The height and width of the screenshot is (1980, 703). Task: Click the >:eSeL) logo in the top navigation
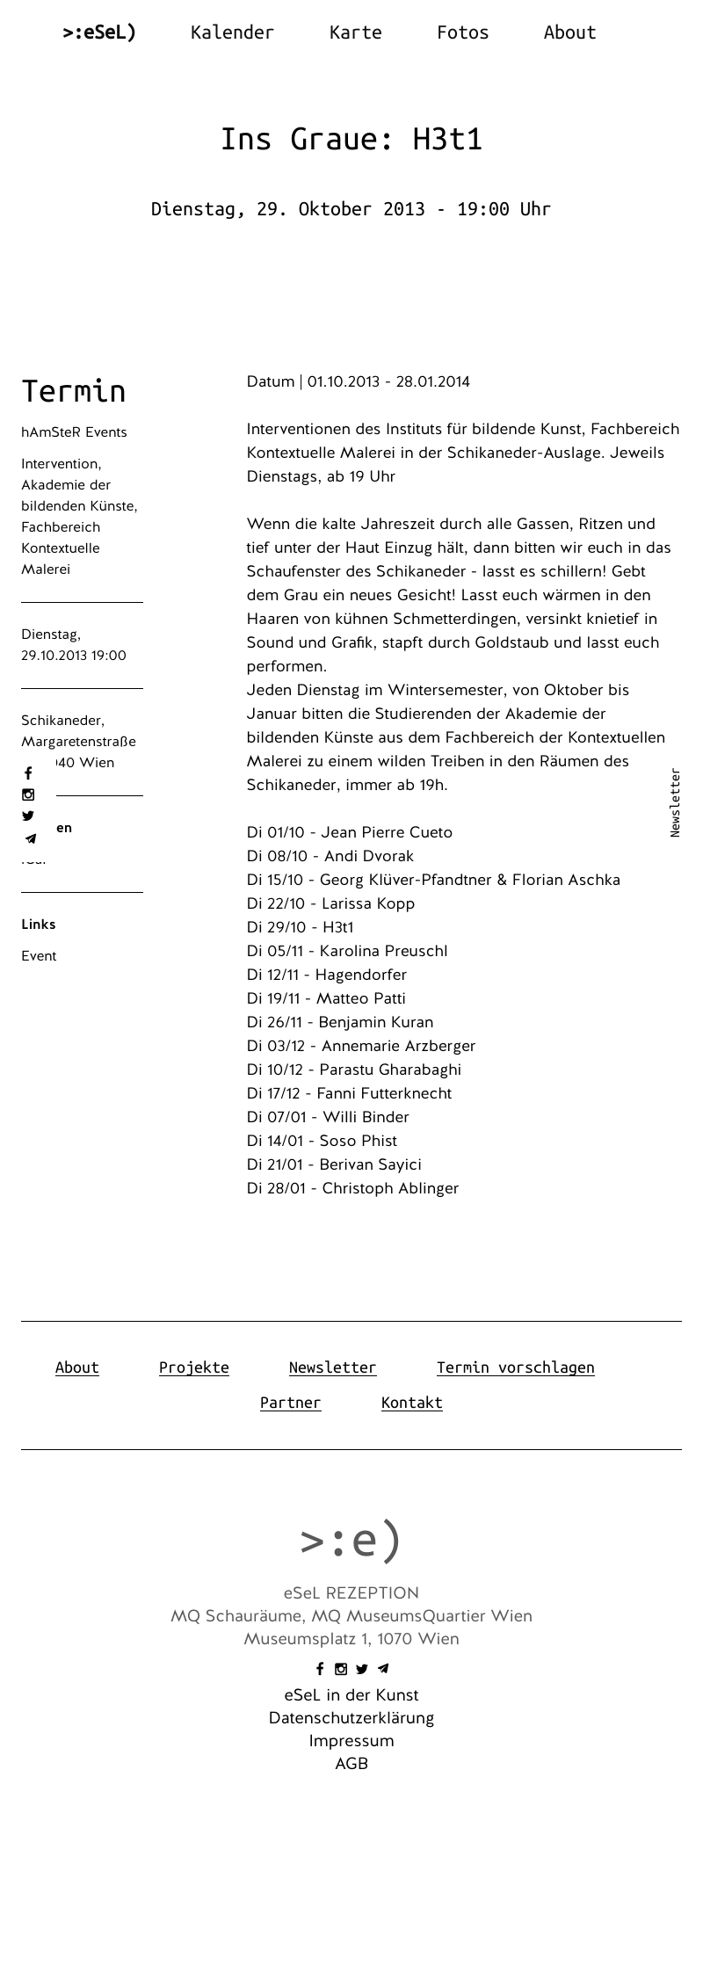(x=99, y=33)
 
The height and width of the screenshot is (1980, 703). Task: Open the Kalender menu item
(x=232, y=33)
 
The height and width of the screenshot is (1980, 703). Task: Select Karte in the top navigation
(x=355, y=33)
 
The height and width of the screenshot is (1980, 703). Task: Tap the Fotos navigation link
(x=462, y=33)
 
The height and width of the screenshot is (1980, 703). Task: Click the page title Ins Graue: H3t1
(x=351, y=139)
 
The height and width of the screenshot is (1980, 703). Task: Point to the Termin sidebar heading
(x=74, y=391)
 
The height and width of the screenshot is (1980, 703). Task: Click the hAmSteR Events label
(x=74, y=432)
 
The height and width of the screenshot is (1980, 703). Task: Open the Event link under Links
(x=39, y=956)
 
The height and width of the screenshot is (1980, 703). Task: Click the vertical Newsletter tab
(x=675, y=803)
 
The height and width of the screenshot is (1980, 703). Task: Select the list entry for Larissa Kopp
(x=330, y=903)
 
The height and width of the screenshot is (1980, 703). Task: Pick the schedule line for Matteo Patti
(x=326, y=998)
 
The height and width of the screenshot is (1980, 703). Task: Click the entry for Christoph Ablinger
(x=352, y=1188)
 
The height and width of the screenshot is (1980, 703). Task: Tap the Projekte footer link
(x=193, y=1367)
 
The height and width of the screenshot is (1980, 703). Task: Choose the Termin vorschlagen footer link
(x=515, y=1367)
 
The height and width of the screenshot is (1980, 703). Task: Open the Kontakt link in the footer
(x=411, y=1403)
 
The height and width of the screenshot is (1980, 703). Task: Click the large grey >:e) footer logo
(x=351, y=1541)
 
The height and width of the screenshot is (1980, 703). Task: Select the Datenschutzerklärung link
(x=351, y=1718)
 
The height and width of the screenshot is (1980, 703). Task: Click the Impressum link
(x=351, y=1741)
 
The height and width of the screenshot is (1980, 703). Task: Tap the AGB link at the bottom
(x=351, y=1764)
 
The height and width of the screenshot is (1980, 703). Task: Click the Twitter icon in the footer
(x=362, y=1669)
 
